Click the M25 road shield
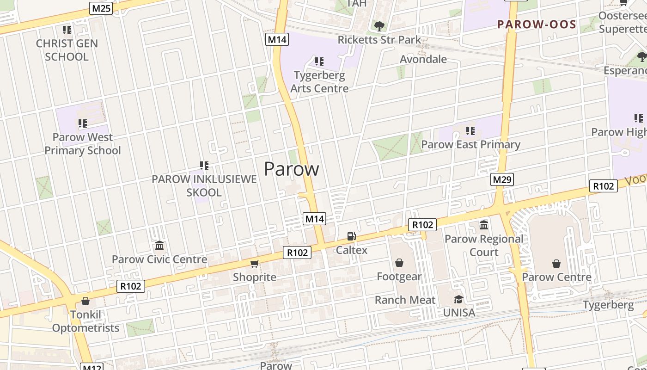coord(101,8)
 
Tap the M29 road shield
coord(502,179)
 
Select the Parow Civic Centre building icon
coord(159,245)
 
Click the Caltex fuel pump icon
coord(352,236)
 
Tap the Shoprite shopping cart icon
coord(254,264)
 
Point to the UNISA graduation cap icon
coord(458,299)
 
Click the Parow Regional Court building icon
coord(484,225)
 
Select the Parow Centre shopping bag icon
coord(556,264)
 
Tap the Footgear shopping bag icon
coord(399,263)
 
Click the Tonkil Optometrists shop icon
coord(85,302)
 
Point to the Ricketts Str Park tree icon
coord(379,26)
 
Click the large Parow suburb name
coord(291,169)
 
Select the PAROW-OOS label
coord(537,25)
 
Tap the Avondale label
coord(423,59)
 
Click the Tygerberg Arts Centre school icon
coord(319,61)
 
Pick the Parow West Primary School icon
coord(82,123)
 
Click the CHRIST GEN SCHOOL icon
coord(67,30)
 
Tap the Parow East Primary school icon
coord(470,131)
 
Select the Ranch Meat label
coord(405,300)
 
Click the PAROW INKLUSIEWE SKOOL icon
coord(204,165)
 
